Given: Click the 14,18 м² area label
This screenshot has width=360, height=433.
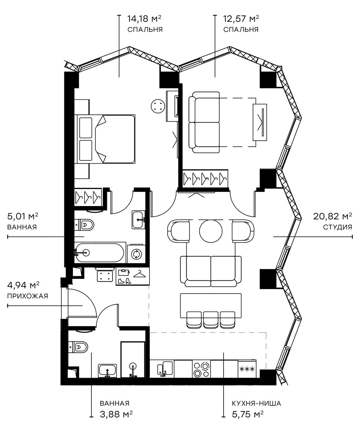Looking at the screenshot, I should click(144, 18).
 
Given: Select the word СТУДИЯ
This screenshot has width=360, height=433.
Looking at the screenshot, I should click(337, 227).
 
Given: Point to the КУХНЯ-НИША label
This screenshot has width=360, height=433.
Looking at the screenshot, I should click(256, 403).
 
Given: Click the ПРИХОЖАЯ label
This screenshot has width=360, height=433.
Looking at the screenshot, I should click(28, 296).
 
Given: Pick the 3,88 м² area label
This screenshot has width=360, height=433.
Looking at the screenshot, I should click(116, 414).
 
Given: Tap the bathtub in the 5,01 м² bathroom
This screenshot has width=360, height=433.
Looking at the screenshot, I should click(99, 252).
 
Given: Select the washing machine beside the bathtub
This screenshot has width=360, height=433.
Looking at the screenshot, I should click(136, 254).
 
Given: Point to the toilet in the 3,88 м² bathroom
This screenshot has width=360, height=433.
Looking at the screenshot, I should click(79, 346).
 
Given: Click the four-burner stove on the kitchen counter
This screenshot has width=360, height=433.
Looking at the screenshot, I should click(201, 369).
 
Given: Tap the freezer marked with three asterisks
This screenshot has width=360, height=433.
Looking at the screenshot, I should click(247, 369).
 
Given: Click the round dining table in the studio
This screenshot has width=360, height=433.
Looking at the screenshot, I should click(211, 231).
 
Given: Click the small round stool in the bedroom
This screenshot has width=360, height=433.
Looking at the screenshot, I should click(157, 106).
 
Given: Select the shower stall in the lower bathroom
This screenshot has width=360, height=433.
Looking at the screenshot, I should click(133, 360).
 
